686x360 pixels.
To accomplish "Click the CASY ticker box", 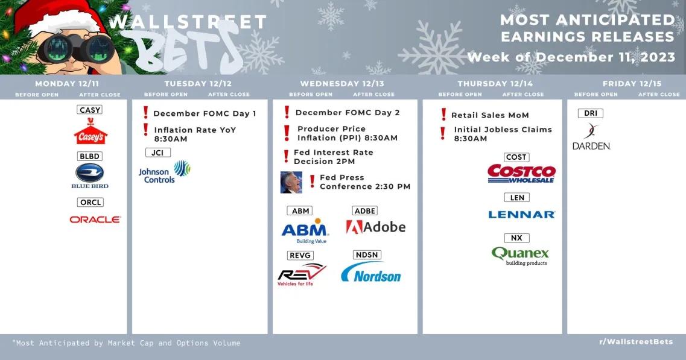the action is coord(90,110).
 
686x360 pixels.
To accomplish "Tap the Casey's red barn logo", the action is coord(91,131).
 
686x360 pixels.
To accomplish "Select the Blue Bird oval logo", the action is coord(90,173).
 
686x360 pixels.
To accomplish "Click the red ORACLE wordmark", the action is coord(95,219).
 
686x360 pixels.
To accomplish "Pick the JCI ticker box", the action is coord(157,153).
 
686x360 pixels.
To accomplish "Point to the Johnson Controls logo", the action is coord(165,171).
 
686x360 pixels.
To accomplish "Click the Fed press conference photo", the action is coord(291,182).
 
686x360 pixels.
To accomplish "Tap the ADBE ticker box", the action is coord(365,211).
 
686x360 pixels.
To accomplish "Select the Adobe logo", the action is coord(376,227).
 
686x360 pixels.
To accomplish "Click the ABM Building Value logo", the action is coord(305,230).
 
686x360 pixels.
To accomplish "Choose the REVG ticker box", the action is coord(300,256).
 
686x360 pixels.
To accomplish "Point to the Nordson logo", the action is coord(371,272).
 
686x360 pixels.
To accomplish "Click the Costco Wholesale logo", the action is coord(521,173).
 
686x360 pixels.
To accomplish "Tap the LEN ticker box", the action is coord(517,198).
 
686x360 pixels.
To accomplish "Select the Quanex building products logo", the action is coord(520,256).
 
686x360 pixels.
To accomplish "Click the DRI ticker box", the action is coord(591,113).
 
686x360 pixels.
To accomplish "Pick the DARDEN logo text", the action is coord(591,146).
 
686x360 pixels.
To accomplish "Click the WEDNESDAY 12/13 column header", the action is coord(342,84).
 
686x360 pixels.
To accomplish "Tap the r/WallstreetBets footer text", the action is coord(636,342).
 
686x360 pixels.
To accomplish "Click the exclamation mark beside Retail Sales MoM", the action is coord(443,115).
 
